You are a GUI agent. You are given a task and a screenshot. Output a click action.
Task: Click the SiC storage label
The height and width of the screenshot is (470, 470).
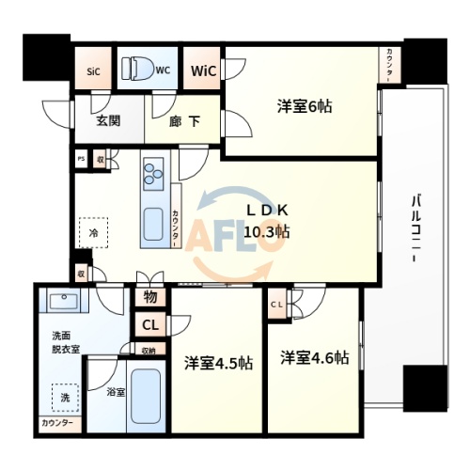[93, 70]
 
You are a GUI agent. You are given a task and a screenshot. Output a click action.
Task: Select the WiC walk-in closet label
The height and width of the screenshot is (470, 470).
[203, 70]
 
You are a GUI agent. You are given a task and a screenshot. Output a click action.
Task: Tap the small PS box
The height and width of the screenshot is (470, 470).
[82, 161]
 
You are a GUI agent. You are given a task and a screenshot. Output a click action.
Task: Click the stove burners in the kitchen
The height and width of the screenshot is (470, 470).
[153, 174]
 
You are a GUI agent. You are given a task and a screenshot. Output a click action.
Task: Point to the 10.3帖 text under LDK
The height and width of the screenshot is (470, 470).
[268, 231]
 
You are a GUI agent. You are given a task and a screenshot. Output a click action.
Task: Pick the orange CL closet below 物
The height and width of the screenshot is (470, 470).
[150, 325]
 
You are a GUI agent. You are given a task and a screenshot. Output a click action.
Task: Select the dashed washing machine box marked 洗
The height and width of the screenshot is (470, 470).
[64, 398]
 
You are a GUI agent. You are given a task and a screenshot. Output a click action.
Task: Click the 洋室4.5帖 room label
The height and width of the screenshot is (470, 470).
[217, 362]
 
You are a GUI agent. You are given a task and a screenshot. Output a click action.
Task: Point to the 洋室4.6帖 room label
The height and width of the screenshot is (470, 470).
[314, 358]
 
